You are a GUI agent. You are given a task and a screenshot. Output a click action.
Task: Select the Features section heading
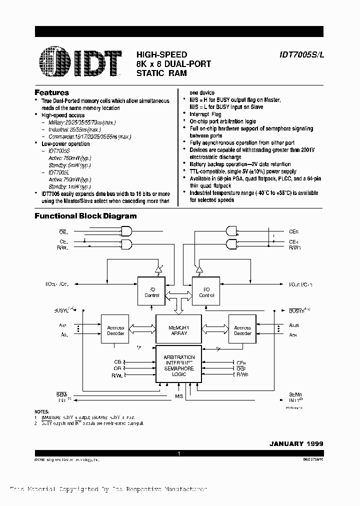coord(51,92)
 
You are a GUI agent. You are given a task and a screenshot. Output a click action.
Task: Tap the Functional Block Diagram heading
coord(85,216)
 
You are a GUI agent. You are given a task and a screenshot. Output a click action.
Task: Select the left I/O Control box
coord(152,292)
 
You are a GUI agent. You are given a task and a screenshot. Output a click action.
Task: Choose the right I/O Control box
coord(206,292)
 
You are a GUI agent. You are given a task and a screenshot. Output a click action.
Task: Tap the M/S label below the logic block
coord(179,396)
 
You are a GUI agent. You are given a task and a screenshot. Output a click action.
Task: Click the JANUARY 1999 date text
coord(297,443)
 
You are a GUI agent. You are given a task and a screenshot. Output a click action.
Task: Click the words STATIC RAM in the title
coord(161,72)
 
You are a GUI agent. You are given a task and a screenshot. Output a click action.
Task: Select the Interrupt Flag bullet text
coord(205,114)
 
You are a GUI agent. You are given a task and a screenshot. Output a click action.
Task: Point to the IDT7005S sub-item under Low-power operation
coord(59,150)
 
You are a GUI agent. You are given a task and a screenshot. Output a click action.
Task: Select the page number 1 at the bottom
coord(178,453)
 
